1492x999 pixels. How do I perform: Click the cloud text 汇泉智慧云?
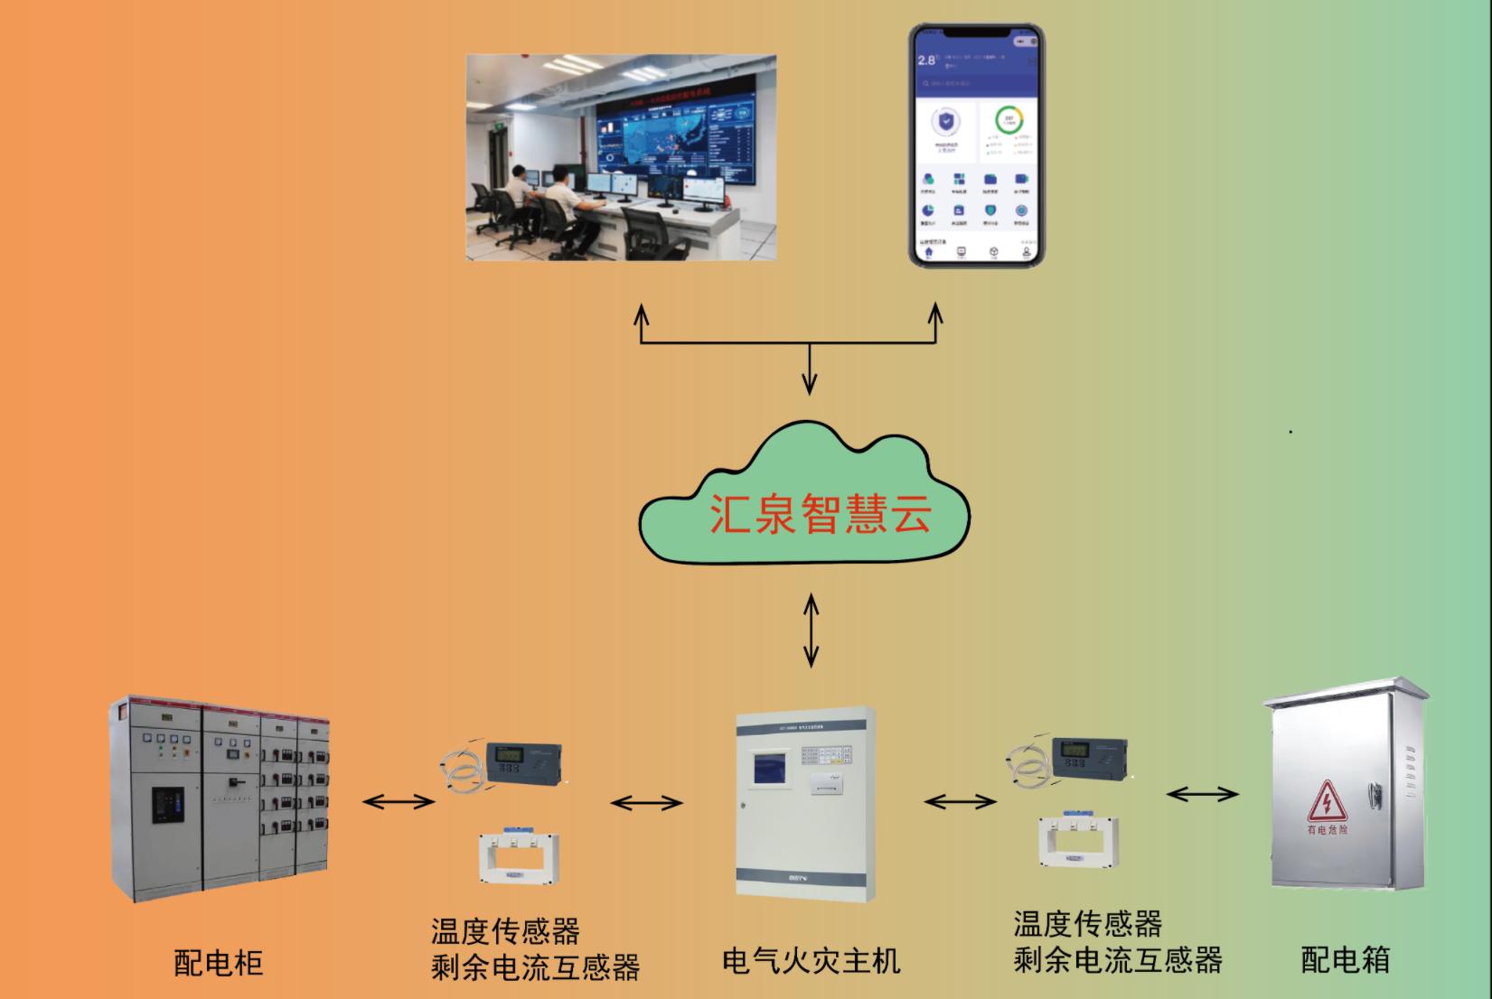(x=819, y=512)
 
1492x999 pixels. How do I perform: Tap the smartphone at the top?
(x=976, y=145)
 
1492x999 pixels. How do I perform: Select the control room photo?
(x=621, y=157)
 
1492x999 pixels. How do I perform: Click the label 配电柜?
(x=218, y=963)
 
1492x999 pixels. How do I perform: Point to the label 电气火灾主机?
(x=811, y=960)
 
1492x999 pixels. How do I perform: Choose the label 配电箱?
(x=1345, y=959)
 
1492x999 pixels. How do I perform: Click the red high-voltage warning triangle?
(x=1328, y=802)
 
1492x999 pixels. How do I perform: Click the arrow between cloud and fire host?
(x=811, y=630)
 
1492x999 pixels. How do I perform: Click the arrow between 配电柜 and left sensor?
(x=399, y=801)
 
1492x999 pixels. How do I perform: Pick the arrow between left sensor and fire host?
(x=646, y=803)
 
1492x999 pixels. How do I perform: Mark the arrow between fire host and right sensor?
(x=961, y=801)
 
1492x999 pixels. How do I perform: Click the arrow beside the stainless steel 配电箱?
(x=1202, y=794)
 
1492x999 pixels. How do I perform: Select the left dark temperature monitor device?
(x=523, y=763)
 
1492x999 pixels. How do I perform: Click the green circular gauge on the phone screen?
(x=1009, y=119)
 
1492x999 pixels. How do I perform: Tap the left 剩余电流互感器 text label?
(x=535, y=967)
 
